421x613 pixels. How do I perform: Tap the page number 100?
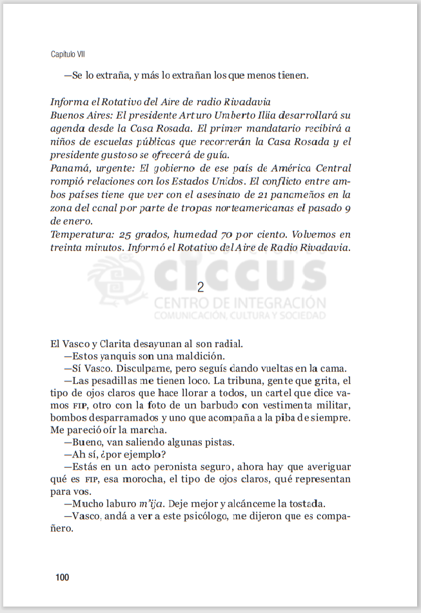click(62, 577)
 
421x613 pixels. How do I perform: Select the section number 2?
click(201, 288)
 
